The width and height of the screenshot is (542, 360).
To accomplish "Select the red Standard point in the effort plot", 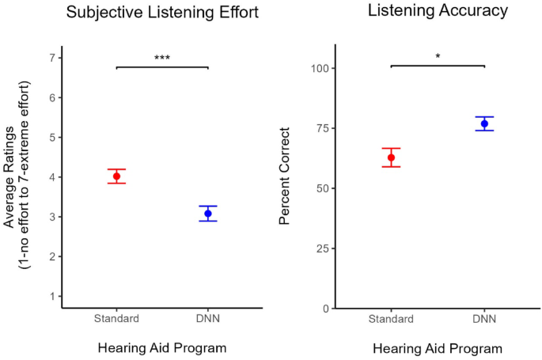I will (x=116, y=176).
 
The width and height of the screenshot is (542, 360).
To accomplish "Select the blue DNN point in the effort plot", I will (x=208, y=214).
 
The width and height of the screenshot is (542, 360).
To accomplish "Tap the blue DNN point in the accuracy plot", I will (x=484, y=123).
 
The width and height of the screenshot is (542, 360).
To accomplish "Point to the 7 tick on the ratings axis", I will (x=51, y=58).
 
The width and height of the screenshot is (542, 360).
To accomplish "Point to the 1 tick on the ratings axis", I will (x=51, y=297).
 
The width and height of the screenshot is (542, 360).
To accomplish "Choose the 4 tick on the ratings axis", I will (x=51, y=177).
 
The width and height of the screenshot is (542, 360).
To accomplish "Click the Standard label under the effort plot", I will (x=116, y=318).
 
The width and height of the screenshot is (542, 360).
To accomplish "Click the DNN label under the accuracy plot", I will (x=484, y=319).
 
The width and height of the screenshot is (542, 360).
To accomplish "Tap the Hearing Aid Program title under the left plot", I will (x=161, y=347).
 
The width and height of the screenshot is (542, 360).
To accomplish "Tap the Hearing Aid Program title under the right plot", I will (x=437, y=348).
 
